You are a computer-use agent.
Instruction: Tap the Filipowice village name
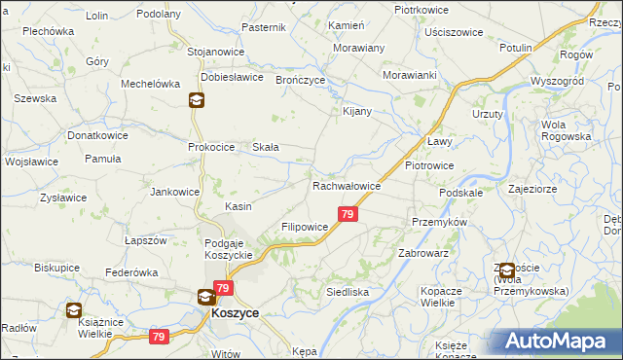click(x=305, y=227)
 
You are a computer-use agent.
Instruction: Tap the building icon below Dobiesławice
click(x=196, y=99)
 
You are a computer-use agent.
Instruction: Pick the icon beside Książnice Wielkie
click(x=74, y=310)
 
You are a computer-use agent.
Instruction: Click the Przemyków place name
click(x=440, y=221)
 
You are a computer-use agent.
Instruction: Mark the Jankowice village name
click(x=174, y=192)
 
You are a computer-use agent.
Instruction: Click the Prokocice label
click(x=211, y=147)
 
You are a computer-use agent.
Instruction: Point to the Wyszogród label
click(x=556, y=81)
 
